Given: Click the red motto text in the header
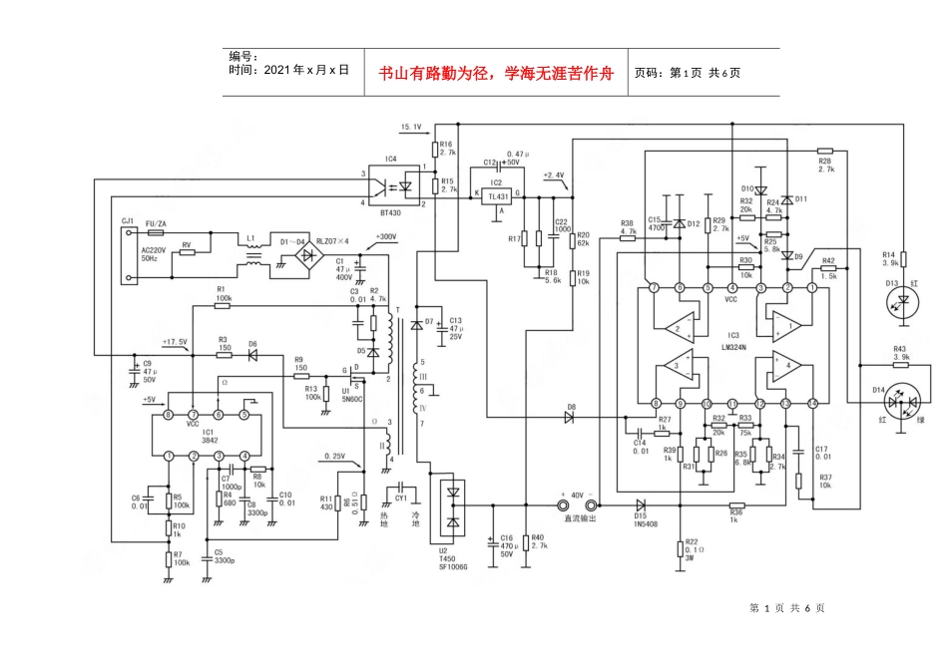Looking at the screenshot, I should (496, 73).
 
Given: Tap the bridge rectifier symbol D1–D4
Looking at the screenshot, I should (299, 256).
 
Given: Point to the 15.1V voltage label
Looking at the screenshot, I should (411, 128).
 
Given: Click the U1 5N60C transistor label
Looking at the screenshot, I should (350, 393).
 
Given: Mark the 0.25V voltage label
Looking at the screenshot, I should (335, 457).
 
